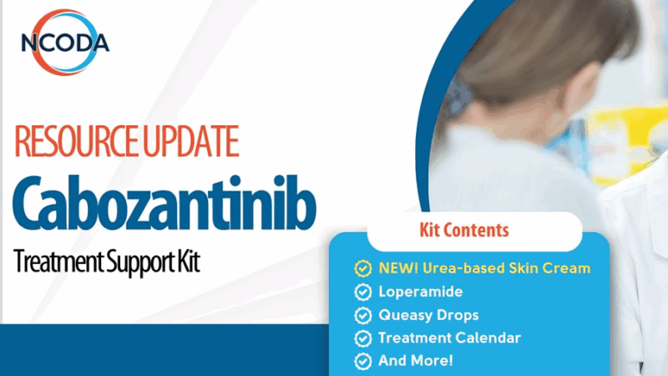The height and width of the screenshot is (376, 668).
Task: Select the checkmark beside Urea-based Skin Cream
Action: (363, 268)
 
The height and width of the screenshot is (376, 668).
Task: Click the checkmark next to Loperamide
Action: (363, 292)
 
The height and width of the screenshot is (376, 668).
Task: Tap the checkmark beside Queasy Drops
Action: (363, 315)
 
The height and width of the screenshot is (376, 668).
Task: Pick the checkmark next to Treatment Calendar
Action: (363, 338)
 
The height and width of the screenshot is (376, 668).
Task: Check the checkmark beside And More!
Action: (363, 362)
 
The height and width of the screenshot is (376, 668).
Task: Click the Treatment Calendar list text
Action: (449, 338)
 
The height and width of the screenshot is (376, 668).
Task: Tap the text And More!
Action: (416, 362)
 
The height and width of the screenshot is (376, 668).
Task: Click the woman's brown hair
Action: (534, 50)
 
